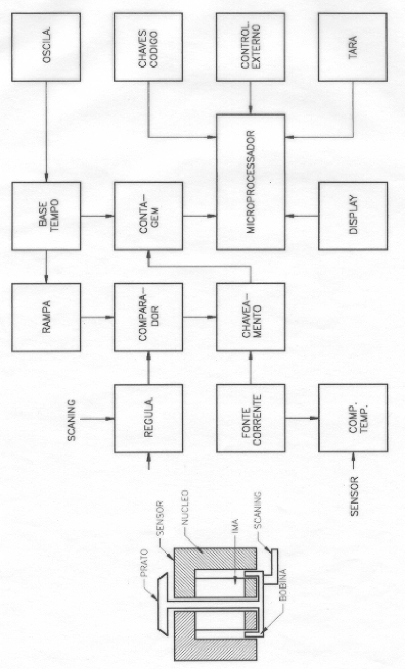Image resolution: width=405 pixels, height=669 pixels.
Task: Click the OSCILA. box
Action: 46,47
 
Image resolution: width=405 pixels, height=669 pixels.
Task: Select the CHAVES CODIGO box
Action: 148,47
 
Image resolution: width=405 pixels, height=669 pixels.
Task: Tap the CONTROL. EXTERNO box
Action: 251,47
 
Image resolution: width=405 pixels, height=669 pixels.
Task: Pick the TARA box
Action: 353,47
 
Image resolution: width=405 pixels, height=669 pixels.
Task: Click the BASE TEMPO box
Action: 46,216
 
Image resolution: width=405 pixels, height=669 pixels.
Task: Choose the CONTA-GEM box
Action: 148,216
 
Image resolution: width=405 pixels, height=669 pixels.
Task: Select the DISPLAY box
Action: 353,216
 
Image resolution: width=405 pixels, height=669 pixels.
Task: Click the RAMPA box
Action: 46,317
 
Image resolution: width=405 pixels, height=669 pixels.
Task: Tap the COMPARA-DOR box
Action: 148,317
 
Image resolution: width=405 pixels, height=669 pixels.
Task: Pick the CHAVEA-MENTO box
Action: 251,317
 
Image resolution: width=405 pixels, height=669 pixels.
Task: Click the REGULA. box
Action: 148,419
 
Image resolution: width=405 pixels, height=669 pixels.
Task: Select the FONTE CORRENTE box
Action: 251,419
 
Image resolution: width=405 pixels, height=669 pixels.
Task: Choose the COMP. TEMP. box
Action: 353,419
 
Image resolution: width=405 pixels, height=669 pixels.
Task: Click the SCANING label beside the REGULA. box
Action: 72,420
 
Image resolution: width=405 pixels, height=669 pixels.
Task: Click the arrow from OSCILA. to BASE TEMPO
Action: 46,132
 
